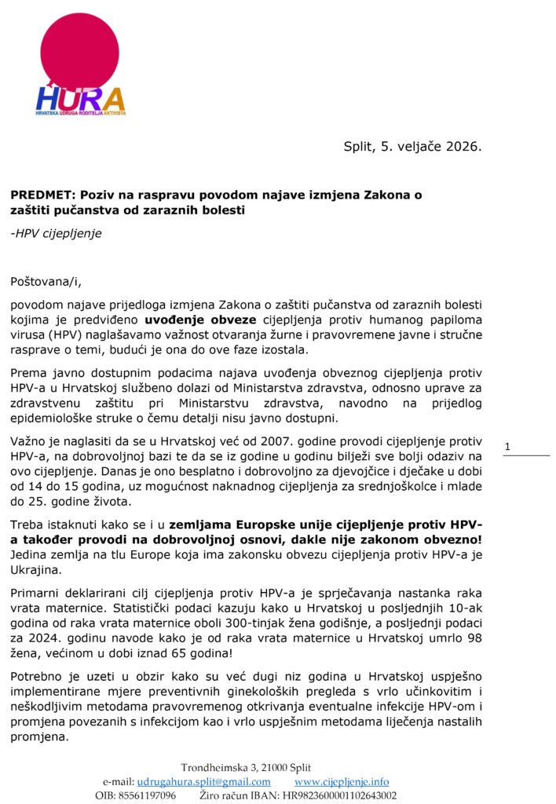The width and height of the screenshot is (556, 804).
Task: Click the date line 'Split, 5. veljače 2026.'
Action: [x=412, y=146]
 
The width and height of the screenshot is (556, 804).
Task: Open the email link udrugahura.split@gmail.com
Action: [x=203, y=781]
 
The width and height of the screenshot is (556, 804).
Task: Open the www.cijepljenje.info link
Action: [x=341, y=781]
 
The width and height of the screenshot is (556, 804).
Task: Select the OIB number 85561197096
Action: [x=147, y=795]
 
